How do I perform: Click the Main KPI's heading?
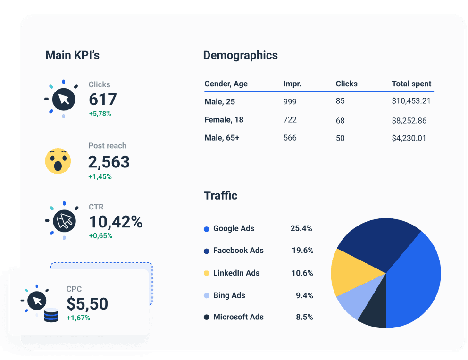[72, 55]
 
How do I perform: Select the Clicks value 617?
[102, 100]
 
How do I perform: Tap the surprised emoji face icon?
[58, 161]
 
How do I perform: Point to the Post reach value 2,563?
[109, 162]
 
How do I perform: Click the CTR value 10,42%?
[116, 222]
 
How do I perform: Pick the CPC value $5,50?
[87, 303]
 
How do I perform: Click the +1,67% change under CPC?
[78, 318]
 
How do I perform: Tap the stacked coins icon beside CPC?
[51, 315]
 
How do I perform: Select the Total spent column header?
[411, 84]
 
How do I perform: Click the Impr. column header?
[292, 84]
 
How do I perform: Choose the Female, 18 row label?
[224, 120]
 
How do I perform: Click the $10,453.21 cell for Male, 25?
[411, 101]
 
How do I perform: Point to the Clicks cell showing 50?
[340, 138]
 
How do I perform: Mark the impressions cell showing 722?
[290, 120]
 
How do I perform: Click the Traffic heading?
[220, 195]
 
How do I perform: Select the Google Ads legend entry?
[234, 228]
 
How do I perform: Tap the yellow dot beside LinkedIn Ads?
[207, 273]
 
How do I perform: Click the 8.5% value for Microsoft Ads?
[304, 317]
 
